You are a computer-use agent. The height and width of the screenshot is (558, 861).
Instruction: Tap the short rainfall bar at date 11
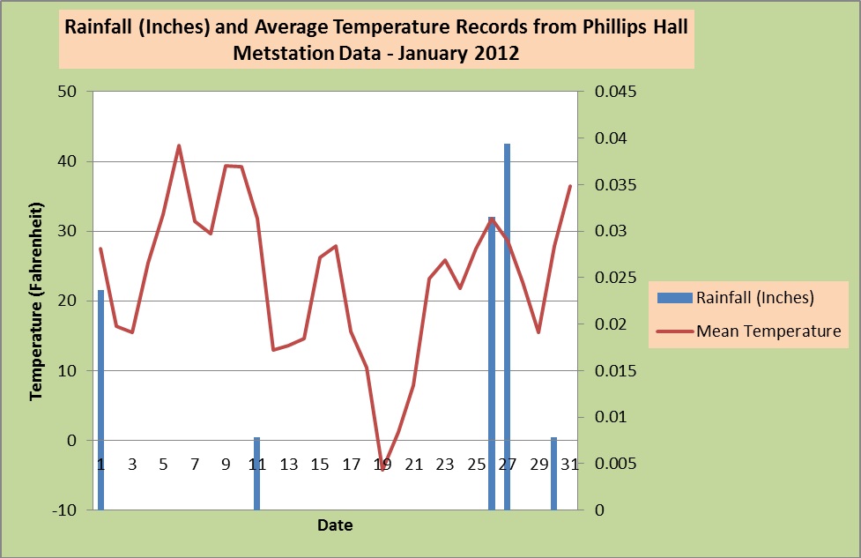tap(256, 473)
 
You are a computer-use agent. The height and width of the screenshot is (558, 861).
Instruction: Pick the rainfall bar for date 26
tap(492, 362)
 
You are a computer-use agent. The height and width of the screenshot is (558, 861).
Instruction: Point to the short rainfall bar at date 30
tap(554, 473)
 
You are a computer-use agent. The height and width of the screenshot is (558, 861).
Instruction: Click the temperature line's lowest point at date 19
tap(382, 464)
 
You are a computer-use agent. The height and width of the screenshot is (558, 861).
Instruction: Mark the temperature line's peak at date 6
tap(179, 146)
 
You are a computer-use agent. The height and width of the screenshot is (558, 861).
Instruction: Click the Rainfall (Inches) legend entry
tap(754, 298)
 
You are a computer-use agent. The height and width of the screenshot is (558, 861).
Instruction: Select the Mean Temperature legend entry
tap(768, 331)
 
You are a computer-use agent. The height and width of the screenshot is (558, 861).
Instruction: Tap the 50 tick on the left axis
tap(67, 92)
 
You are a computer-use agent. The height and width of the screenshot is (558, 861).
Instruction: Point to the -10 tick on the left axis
tap(64, 510)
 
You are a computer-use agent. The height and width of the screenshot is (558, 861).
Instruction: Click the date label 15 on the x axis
tap(320, 465)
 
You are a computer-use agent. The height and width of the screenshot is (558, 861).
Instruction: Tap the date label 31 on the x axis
tap(569, 465)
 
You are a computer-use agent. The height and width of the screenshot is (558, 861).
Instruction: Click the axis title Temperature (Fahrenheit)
tap(36, 301)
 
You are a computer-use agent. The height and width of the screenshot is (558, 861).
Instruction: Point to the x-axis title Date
tap(335, 526)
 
